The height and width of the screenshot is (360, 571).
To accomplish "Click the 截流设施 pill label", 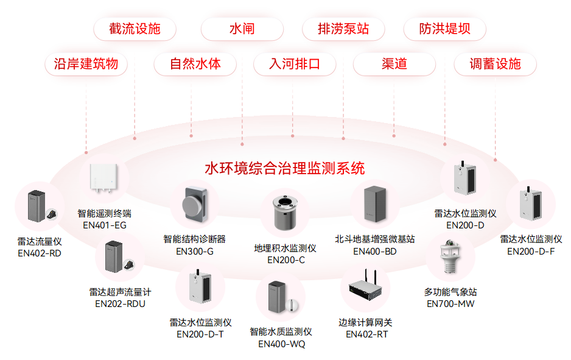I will click(x=135, y=29).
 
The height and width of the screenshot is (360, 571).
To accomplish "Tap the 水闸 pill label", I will click(x=242, y=29).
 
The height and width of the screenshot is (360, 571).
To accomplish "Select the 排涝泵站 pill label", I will click(x=343, y=29).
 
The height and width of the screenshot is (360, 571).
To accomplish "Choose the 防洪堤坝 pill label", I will click(x=444, y=29).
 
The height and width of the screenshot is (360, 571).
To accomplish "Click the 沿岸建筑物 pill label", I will click(x=86, y=64).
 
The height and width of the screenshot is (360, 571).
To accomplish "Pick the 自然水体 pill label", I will click(x=195, y=64).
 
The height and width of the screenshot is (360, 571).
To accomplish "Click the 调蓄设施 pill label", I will click(x=495, y=64).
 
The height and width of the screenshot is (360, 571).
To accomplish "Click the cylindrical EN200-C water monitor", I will click(x=285, y=211).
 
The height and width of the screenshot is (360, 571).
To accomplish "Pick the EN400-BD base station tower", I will click(x=374, y=205).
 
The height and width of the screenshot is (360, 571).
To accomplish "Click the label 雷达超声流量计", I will click(x=120, y=292).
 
